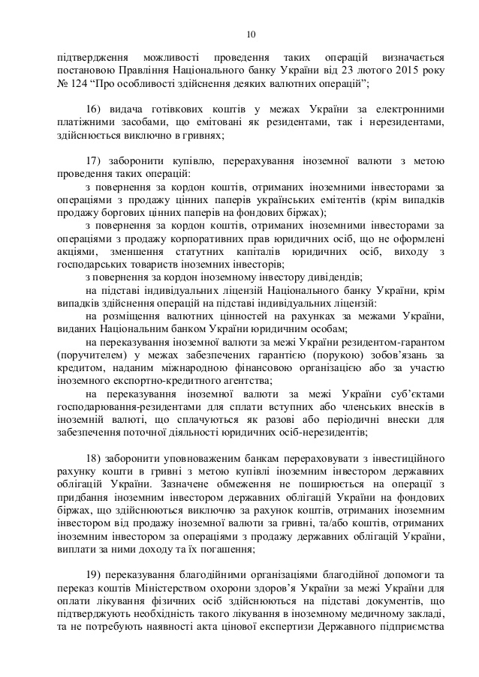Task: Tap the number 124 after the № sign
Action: pos(77,85)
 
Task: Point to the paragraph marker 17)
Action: pos(94,161)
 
